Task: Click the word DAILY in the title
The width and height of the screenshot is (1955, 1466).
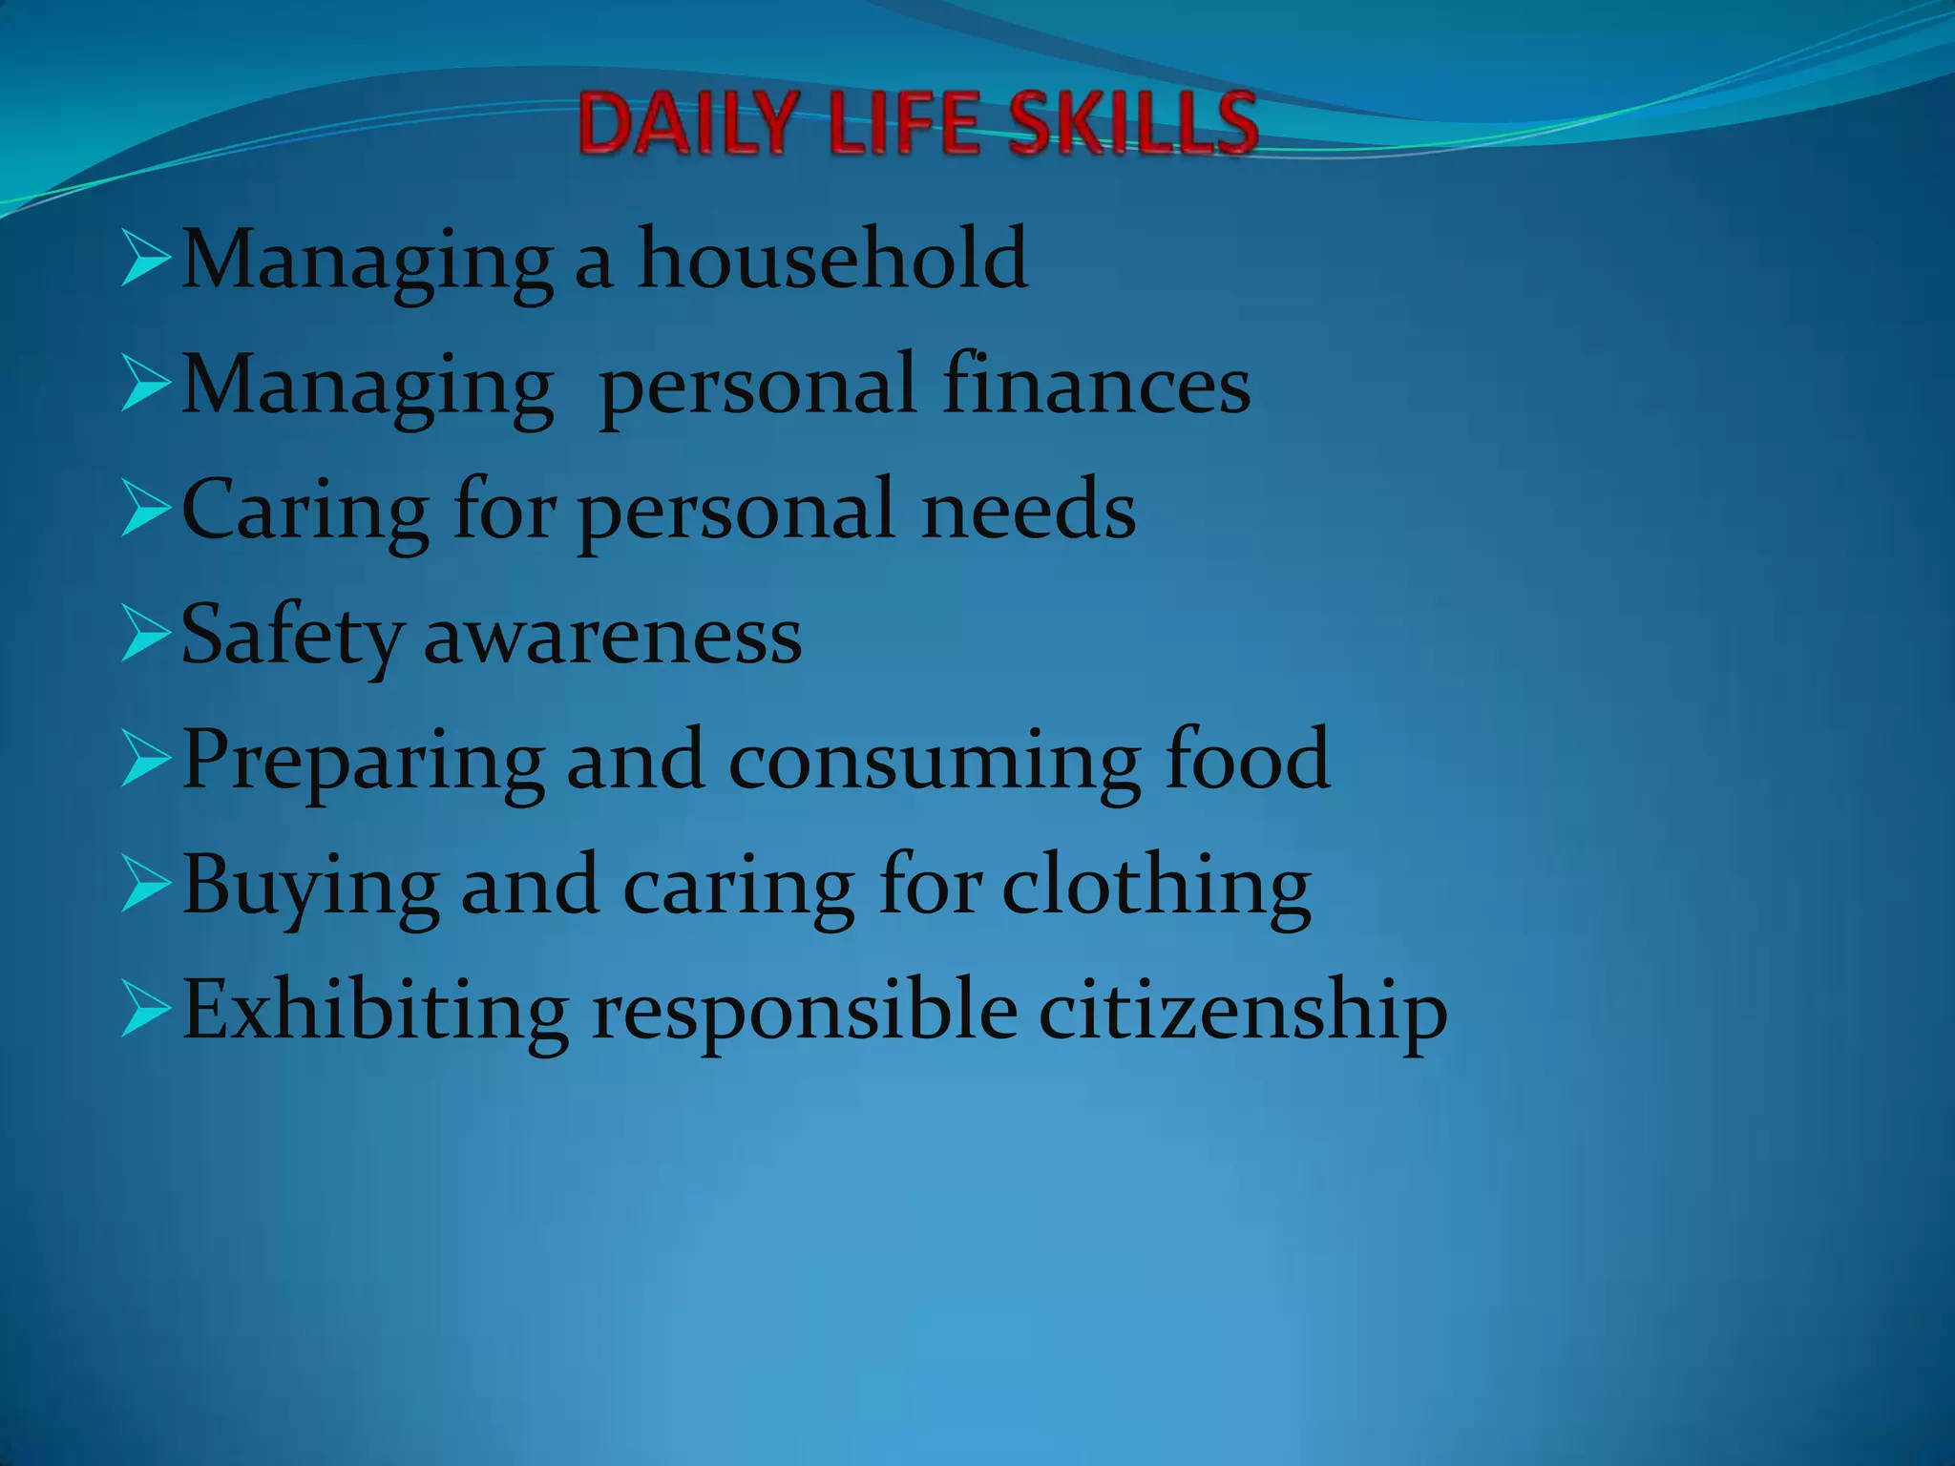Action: pos(686,124)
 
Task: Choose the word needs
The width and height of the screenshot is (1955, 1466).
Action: pos(1028,510)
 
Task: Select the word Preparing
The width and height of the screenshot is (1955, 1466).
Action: pos(364,762)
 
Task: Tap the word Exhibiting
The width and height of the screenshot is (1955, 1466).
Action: pos(374,1010)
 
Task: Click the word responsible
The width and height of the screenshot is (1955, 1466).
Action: pos(805,1012)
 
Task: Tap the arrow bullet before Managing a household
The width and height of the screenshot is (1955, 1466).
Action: pos(146,261)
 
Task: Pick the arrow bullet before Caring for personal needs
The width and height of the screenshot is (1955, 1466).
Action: pos(146,512)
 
